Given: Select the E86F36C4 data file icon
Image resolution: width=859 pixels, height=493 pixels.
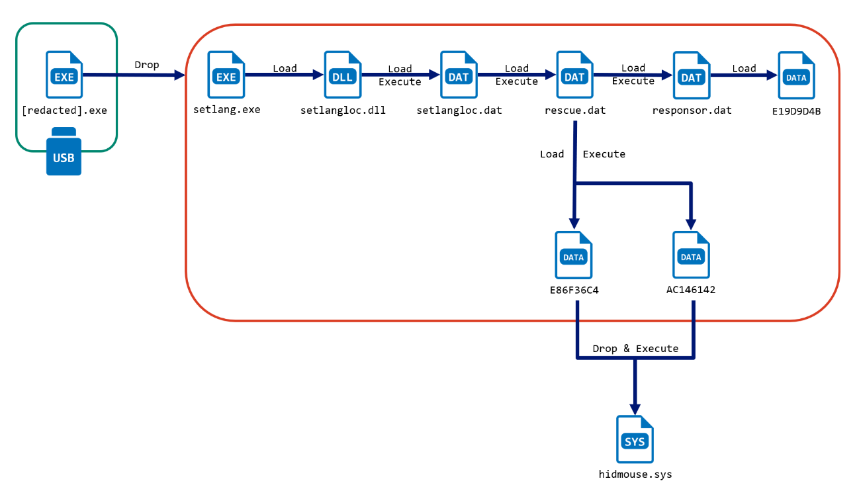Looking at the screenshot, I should (574, 255).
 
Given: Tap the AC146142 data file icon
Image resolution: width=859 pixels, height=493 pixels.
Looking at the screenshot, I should (691, 255).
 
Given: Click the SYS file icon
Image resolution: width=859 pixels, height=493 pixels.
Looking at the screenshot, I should (635, 439).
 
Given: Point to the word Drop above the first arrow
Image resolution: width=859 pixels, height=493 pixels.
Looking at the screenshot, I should (147, 65).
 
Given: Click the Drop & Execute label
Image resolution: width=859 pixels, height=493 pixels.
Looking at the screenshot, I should (635, 348).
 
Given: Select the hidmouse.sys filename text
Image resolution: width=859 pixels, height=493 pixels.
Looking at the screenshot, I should (635, 474).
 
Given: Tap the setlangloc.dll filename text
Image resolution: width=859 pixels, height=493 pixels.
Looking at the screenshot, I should (343, 110).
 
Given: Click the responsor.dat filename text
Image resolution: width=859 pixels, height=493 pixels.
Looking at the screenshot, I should (692, 110).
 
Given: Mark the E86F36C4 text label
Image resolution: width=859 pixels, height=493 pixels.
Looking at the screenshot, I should (574, 290).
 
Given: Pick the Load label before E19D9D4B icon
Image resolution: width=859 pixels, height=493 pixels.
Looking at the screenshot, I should (744, 68).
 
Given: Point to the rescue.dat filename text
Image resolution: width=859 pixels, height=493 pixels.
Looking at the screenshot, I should (574, 110).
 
